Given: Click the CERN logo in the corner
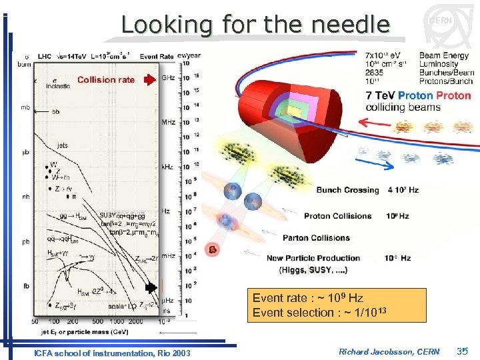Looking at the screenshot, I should point(441,22).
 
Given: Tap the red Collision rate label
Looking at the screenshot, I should point(106,80).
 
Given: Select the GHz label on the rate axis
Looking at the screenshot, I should point(169,78).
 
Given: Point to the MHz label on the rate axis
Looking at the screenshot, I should point(169,122).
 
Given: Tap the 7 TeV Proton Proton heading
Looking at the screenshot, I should point(418,95).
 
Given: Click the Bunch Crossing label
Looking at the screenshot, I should point(347,190).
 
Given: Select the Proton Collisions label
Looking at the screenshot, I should point(337,216).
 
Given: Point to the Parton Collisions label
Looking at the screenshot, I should point(316,238).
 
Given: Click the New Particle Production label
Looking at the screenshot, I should point(313,258).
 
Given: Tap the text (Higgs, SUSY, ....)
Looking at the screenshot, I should point(313,269).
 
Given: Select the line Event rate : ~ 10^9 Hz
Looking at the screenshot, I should point(307,298).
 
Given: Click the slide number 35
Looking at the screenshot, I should point(464,351).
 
